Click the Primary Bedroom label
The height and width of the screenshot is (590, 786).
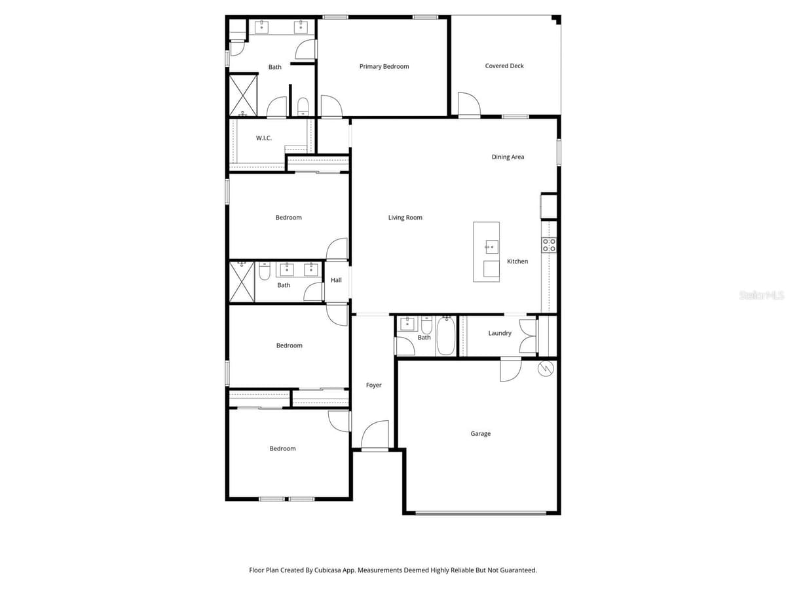coord(384,67)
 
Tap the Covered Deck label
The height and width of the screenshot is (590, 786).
coord(504,66)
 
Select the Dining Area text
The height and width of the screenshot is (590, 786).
coord(508,157)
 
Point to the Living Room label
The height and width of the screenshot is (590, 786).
coord(405,218)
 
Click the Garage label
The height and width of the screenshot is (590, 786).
coord(480,434)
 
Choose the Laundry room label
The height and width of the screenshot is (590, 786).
coord(500,333)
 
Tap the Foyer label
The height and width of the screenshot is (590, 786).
coord(373,385)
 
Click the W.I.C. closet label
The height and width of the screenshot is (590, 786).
coord(263,138)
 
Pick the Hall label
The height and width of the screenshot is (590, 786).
coord(336,280)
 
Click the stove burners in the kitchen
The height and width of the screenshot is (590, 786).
coord(549,245)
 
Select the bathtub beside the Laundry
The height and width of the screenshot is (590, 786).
coord(445,336)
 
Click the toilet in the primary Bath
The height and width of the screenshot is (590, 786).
coord(303,106)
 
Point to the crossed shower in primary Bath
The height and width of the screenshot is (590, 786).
coord(243,96)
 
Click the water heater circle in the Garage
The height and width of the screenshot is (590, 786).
coord(546,368)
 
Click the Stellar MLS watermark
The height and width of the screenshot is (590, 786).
coord(761,295)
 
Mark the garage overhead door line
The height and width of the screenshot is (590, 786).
coord(481,513)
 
